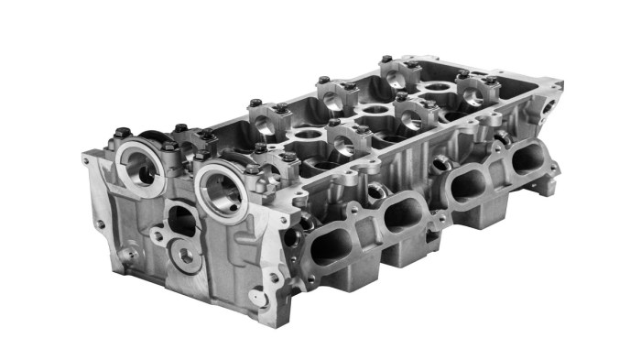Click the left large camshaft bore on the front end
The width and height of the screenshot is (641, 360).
141,167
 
